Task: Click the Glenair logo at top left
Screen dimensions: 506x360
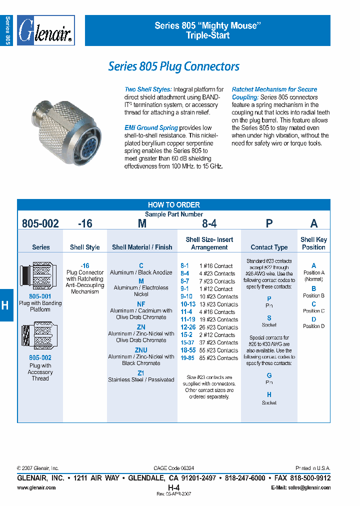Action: coord(45,30)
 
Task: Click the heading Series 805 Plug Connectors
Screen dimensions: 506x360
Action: coord(173,66)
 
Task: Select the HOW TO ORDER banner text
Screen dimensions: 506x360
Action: coord(173,204)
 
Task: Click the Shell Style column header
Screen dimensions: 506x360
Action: coord(84,247)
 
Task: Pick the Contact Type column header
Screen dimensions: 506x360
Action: coord(269,247)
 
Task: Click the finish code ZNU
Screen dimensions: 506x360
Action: coord(141,350)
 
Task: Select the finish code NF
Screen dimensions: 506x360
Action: coord(141,304)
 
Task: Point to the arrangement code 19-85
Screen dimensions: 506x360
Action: coord(188,358)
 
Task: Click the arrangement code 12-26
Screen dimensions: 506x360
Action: coord(188,327)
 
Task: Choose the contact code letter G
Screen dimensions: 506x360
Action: coord(269,375)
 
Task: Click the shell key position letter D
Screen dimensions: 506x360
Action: coord(313,319)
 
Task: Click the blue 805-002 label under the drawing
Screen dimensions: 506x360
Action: coord(40,358)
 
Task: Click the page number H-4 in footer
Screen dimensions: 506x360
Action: coord(173,487)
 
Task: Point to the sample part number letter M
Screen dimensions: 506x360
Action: coord(142,223)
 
